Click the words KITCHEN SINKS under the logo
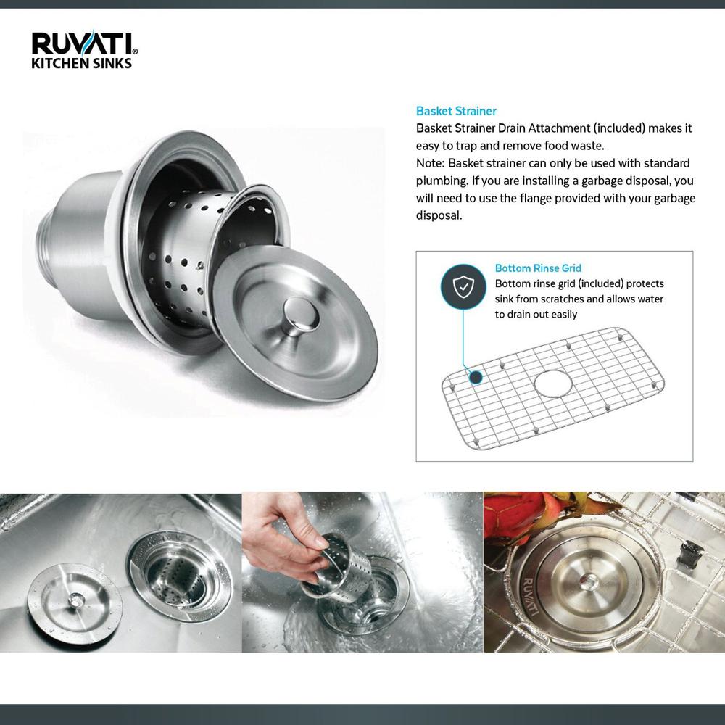[80, 63]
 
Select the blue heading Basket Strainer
[456, 111]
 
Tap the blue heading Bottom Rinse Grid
[538, 268]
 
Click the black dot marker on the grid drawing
[476, 378]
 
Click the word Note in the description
[429, 162]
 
